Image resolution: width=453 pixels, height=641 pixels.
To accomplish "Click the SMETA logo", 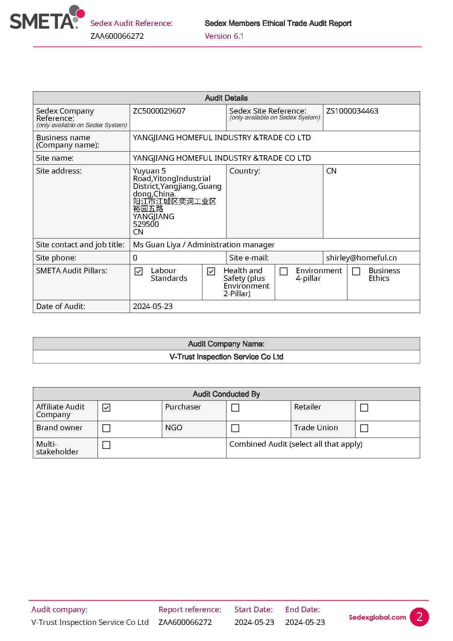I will pyautogui.click(x=47, y=18).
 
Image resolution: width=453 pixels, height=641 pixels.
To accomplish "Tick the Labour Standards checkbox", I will pyautogui.click(x=138, y=271).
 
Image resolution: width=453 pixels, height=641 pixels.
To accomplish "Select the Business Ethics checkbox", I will pyautogui.click(x=356, y=271).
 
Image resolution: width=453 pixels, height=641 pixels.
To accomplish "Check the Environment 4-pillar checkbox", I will pyautogui.click(x=283, y=271).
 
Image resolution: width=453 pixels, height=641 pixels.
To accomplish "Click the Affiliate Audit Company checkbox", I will pyautogui.click(x=106, y=408).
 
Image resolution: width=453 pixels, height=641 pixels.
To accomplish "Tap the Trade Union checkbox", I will pyautogui.click(x=364, y=428).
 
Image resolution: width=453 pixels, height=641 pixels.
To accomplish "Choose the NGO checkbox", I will pyautogui.click(x=235, y=428).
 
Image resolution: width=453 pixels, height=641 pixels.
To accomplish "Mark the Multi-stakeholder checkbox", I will pyautogui.click(x=106, y=445).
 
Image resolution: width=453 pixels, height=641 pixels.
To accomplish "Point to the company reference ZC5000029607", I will pyautogui.click(x=159, y=111).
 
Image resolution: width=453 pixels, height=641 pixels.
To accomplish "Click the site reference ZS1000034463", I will pyautogui.click(x=352, y=111).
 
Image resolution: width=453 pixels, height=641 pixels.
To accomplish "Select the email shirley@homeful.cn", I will pyautogui.click(x=361, y=258).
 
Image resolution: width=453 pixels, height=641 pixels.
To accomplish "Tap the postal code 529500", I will pyautogui.click(x=146, y=224).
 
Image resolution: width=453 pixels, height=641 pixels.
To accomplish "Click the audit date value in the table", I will pyautogui.click(x=153, y=306).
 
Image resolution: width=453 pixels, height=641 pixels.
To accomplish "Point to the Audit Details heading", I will pyautogui.click(x=226, y=98).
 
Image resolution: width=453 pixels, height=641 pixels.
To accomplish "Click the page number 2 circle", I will pyautogui.click(x=419, y=617).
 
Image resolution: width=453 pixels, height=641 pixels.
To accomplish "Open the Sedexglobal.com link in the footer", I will pyautogui.click(x=377, y=617).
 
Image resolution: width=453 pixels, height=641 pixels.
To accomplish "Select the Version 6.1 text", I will pyautogui.click(x=224, y=36).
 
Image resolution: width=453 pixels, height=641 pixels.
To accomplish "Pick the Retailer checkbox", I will pyautogui.click(x=364, y=408).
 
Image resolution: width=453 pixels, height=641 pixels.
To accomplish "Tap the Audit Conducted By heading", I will pyautogui.click(x=226, y=394).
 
